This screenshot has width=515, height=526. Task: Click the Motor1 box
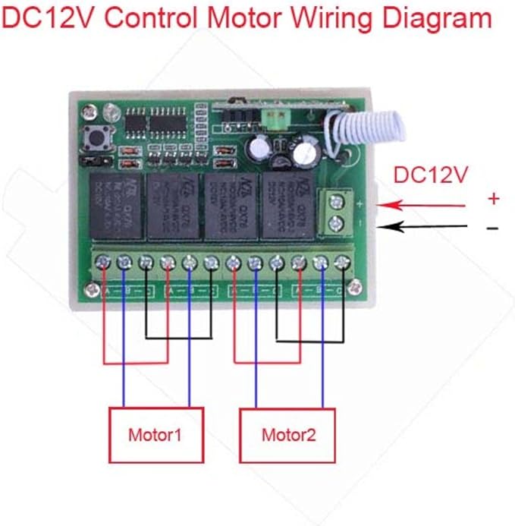coord(155,435)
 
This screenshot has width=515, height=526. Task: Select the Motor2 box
coord(287,435)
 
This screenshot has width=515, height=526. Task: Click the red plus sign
coord(494,199)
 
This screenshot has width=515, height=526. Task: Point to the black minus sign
coord(493,227)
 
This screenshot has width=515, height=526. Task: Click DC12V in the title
coord(47,17)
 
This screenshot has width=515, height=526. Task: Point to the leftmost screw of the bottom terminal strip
coord(104,263)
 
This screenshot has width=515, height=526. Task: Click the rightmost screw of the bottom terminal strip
coord(342,263)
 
